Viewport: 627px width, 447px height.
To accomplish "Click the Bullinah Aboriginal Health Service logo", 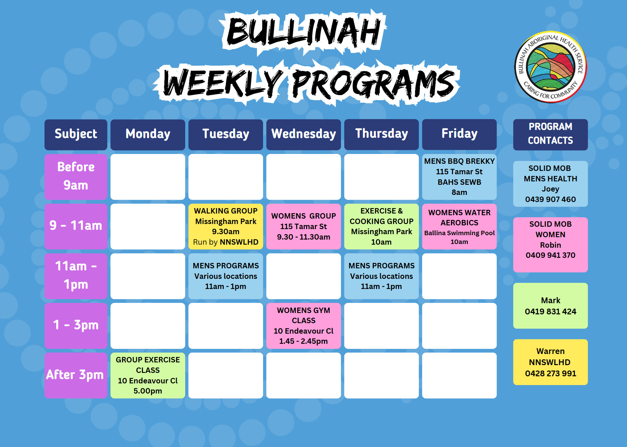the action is [550, 67].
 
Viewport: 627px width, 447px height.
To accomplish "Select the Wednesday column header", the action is [304, 134].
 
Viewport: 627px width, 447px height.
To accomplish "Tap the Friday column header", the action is [459, 134].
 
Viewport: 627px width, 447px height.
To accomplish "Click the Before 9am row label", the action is [76, 177].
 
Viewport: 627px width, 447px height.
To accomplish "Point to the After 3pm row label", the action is [76, 375].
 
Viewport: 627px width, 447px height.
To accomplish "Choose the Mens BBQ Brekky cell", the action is [459, 177].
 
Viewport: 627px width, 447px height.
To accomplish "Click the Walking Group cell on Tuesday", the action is [226, 226].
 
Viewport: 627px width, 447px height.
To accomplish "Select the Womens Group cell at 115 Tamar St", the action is [304, 226].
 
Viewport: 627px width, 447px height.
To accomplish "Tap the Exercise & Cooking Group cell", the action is [382, 226].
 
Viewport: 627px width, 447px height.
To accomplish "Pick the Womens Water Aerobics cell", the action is [459, 226].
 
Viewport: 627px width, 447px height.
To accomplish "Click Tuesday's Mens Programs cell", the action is [226, 276].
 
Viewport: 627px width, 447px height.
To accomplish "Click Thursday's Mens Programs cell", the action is [382, 276].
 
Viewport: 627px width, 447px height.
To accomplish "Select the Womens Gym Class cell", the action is [304, 326].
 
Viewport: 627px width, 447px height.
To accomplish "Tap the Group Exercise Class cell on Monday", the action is [148, 375].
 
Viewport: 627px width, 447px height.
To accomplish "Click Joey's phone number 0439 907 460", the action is [550, 199].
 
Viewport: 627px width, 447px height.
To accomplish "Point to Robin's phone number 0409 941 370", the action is [550, 255].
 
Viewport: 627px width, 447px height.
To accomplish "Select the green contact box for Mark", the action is [550, 306].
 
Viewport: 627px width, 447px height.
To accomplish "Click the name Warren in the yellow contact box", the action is [550, 351].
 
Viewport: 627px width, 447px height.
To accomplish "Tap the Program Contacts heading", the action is [550, 134].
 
